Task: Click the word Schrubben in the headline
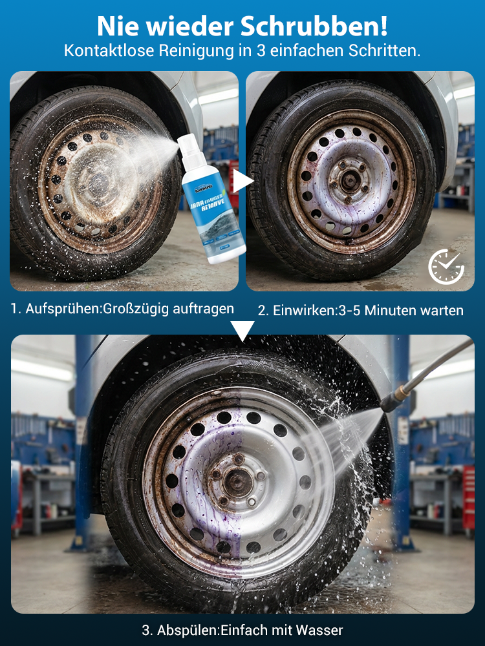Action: click(x=316, y=26)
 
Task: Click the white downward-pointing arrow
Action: click(x=242, y=331)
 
